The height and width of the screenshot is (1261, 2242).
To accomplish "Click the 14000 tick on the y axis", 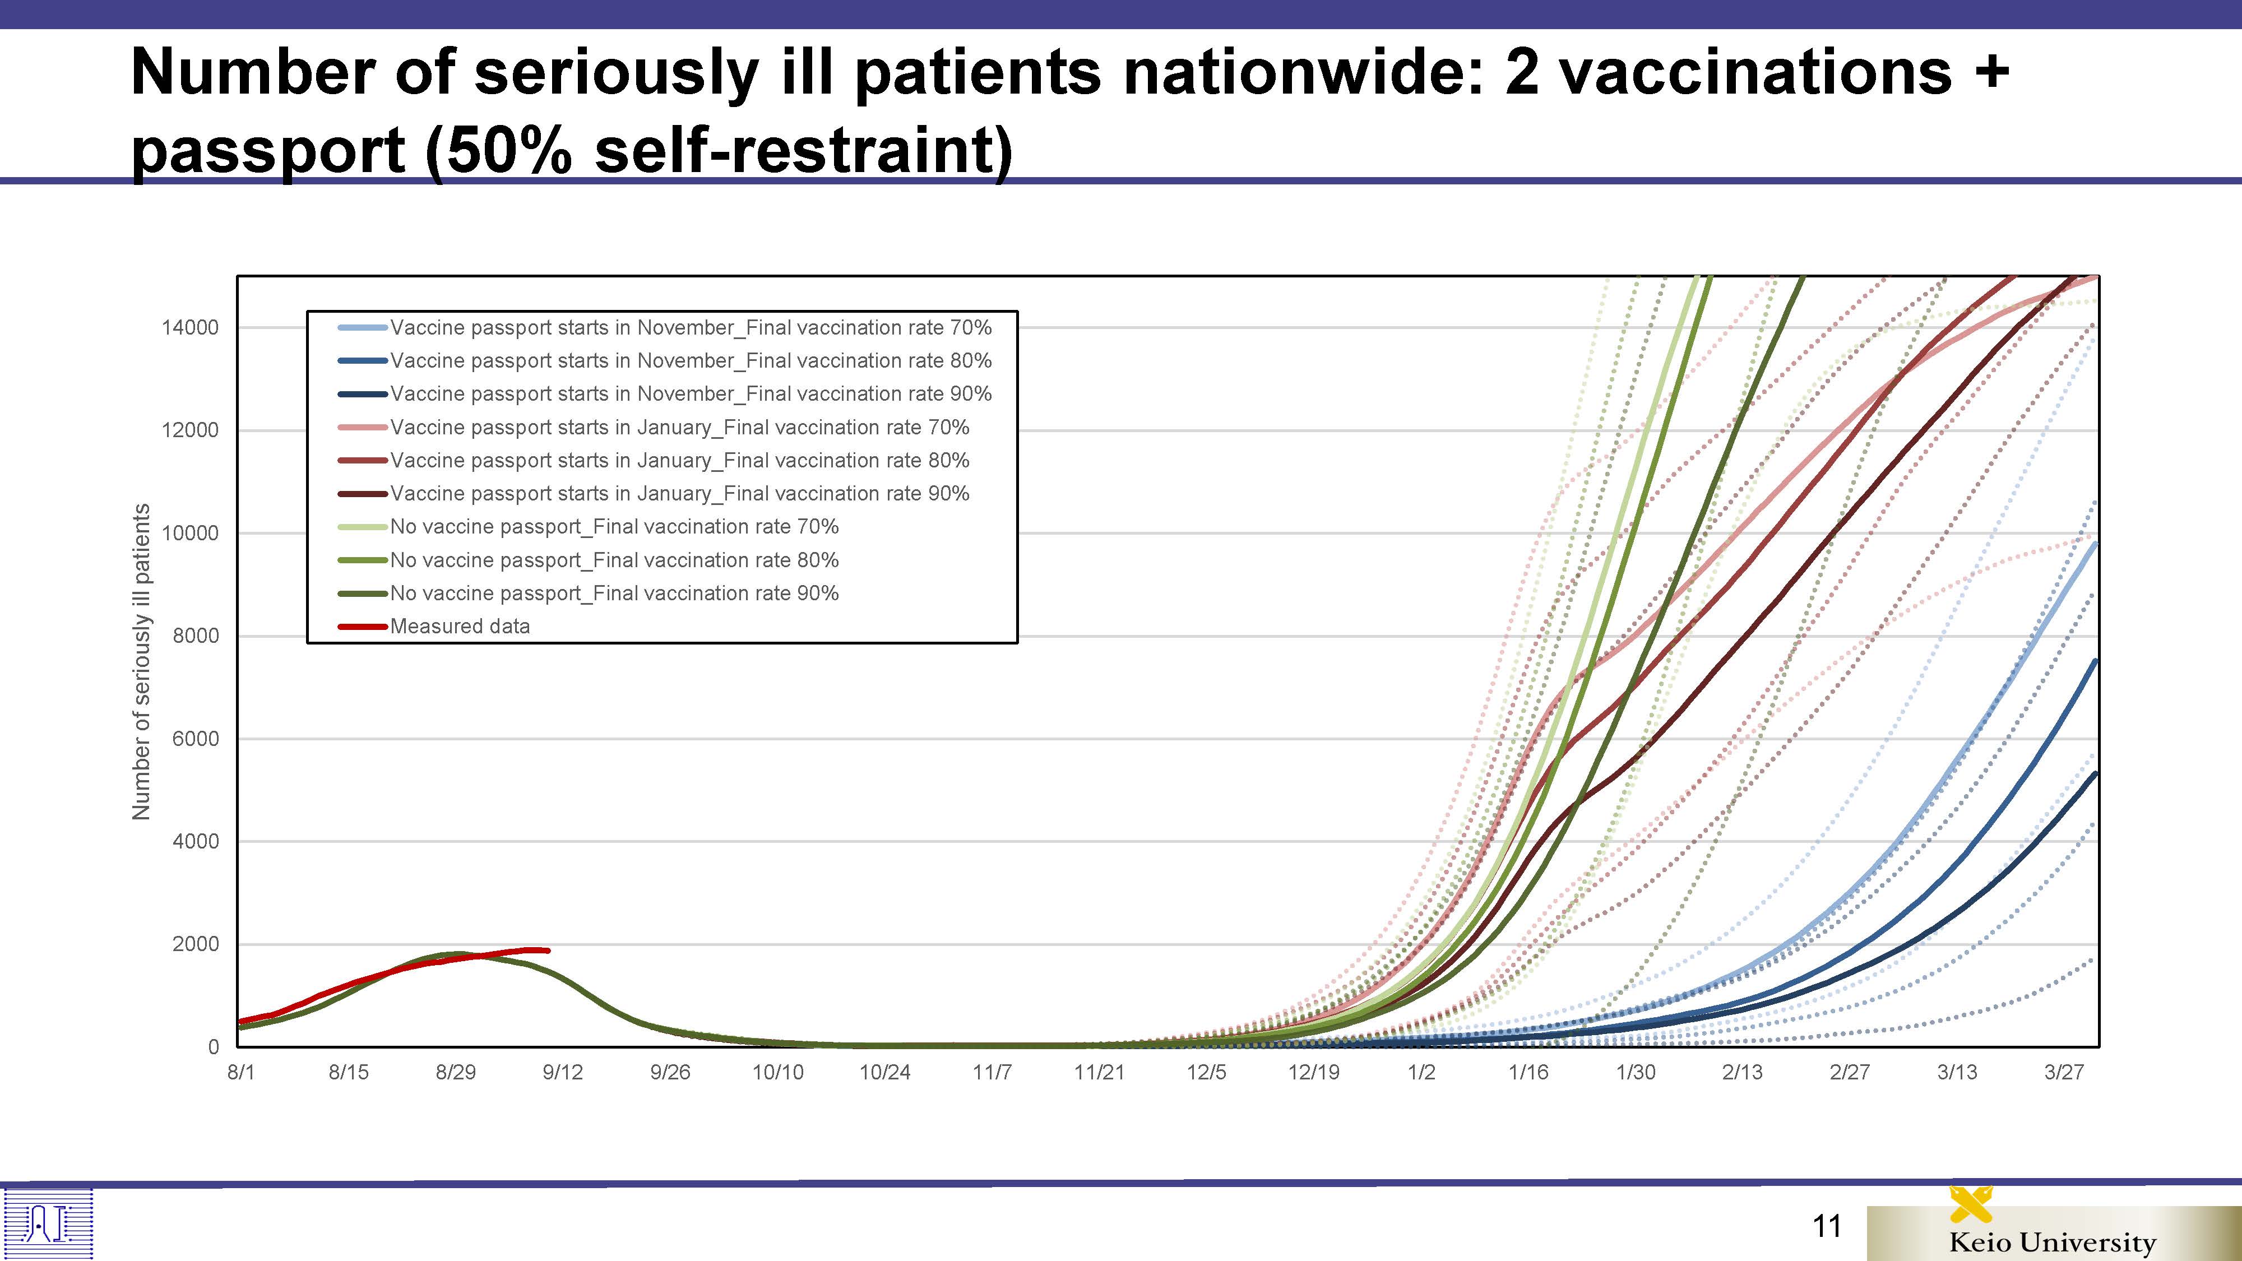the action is (190, 328).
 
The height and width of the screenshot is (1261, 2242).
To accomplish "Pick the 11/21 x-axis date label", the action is (1099, 1072).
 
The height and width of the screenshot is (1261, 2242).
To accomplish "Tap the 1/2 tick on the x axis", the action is (1421, 1072).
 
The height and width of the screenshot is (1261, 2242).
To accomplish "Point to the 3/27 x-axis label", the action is (2064, 1072).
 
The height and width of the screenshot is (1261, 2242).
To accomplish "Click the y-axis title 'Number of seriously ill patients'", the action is (141, 661).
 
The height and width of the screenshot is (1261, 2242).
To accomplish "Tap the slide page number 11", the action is (1827, 1226).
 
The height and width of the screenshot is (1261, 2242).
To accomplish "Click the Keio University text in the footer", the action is (2052, 1242).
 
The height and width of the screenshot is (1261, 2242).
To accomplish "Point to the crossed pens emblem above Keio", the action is (1971, 1204).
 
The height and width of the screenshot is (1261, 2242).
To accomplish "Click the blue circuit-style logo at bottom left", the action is (48, 1223).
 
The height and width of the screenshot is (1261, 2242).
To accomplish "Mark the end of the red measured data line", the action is (548, 951).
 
